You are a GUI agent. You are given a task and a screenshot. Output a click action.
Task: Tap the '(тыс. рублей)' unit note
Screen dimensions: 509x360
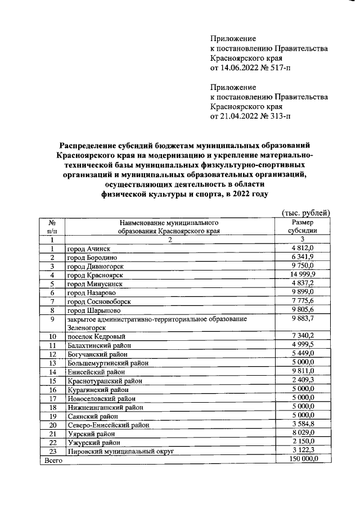304,212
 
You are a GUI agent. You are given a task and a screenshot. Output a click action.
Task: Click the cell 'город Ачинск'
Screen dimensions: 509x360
88,248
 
